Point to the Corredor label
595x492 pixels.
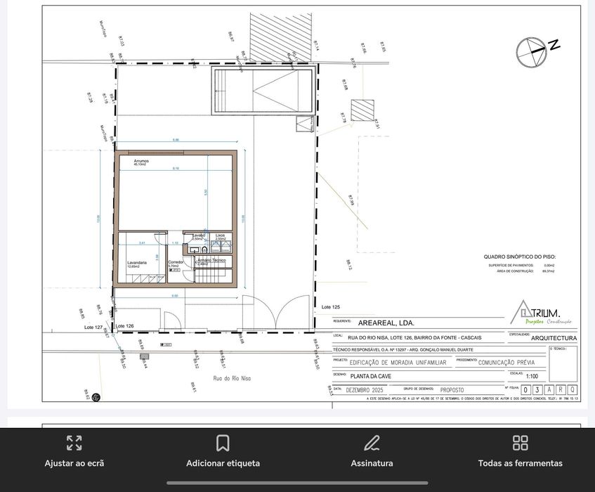(176, 262)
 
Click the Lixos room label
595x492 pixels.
(220, 235)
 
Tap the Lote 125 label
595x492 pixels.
(331, 307)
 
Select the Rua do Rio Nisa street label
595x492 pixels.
(231, 378)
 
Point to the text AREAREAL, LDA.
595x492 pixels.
(386, 323)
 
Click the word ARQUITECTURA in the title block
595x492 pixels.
(554, 338)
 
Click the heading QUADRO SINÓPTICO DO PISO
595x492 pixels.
(519, 257)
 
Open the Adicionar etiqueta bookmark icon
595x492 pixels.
(223, 443)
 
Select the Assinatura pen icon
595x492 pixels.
(372, 443)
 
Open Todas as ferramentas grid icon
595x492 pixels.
(520, 443)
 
